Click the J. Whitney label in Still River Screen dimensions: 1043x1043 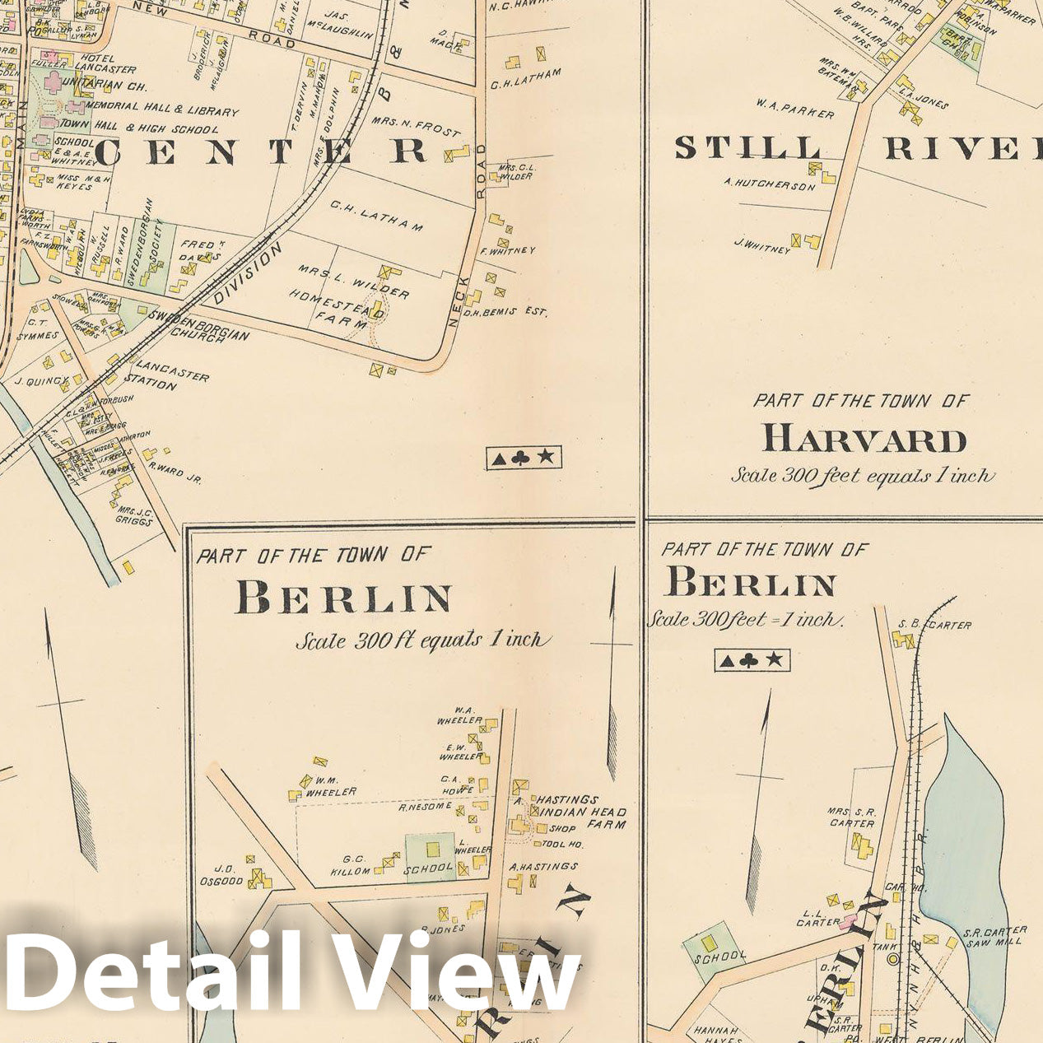(762, 244)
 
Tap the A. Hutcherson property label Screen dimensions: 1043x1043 (770, 186)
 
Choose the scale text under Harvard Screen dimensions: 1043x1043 (862, 476)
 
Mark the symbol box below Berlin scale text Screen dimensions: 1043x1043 (752, 660)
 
